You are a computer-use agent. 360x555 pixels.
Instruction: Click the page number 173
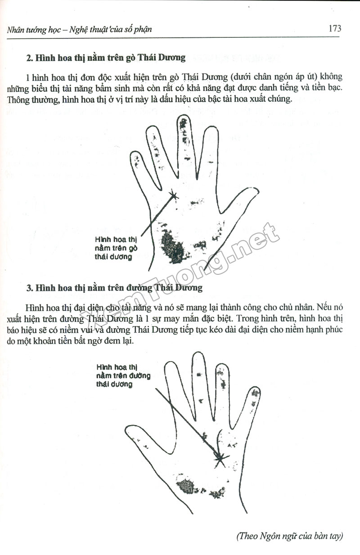[335, 28]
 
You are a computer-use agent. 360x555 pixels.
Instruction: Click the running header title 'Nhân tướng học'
[34, 30]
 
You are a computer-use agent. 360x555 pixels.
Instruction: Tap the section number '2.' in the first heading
[30, 58]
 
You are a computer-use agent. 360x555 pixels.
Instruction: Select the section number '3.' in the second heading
[30, 288]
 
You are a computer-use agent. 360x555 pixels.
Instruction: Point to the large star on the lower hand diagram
[220, 458]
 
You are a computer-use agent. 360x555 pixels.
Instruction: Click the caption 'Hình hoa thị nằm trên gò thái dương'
[116, 248]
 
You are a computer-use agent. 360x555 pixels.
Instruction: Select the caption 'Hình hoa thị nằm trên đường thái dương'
[123, 376]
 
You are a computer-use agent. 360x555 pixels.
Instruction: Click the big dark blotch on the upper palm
[172, 246]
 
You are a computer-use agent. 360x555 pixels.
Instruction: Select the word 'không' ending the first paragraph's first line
[332, 77]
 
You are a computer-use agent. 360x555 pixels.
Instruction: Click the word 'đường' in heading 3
[139, 288]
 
